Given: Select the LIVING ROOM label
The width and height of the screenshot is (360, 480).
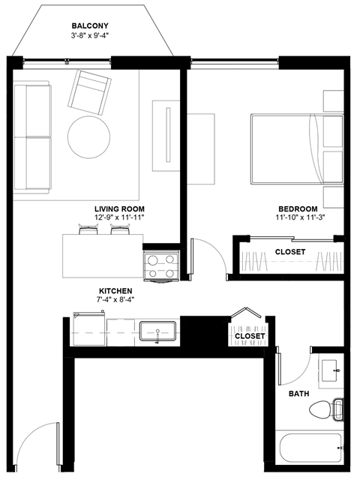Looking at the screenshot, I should (119, 208).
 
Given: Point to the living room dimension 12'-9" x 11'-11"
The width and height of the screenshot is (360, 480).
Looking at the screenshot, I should (119, 217).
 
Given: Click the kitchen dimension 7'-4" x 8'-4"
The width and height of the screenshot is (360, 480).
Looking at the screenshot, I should (116, 300).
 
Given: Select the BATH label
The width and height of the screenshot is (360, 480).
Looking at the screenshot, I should (299, 393).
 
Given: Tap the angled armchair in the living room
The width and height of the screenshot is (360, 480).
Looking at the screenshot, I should (90, 91).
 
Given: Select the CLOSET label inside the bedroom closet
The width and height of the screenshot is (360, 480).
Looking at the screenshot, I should (289, 252).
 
